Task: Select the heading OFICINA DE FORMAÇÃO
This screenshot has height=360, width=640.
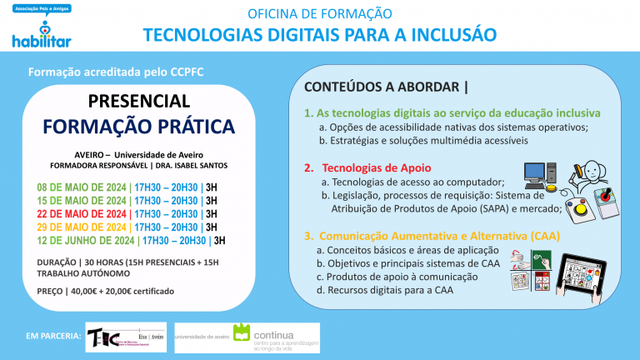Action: (320, 13)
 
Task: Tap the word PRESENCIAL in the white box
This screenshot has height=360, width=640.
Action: (139, 101)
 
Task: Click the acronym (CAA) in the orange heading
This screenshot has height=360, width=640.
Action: (544, 236)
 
